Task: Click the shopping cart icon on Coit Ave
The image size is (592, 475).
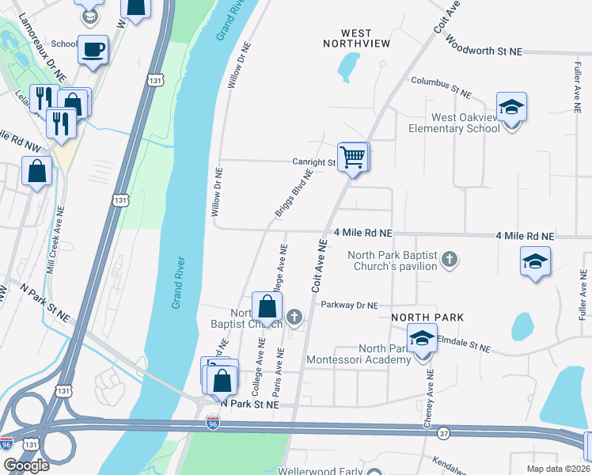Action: point(353,155)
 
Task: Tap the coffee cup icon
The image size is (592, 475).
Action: point(93,49)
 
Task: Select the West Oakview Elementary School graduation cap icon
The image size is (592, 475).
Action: point(512,106)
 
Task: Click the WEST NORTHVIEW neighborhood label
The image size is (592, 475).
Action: point(357,38)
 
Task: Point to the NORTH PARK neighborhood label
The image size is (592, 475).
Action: point(427,317)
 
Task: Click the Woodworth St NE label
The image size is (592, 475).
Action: point(484,50)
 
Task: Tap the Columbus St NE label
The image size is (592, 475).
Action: point(441,87)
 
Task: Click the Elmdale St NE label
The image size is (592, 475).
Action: point(462,348)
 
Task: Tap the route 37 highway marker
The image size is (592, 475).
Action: point(442,433)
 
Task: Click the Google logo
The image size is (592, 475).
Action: point(26,465)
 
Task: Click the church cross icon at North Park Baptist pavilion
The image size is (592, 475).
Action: point(450,259)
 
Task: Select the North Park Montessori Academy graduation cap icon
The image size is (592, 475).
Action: point(423,339)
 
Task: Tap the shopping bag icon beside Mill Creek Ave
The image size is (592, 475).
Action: point(37,170)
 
